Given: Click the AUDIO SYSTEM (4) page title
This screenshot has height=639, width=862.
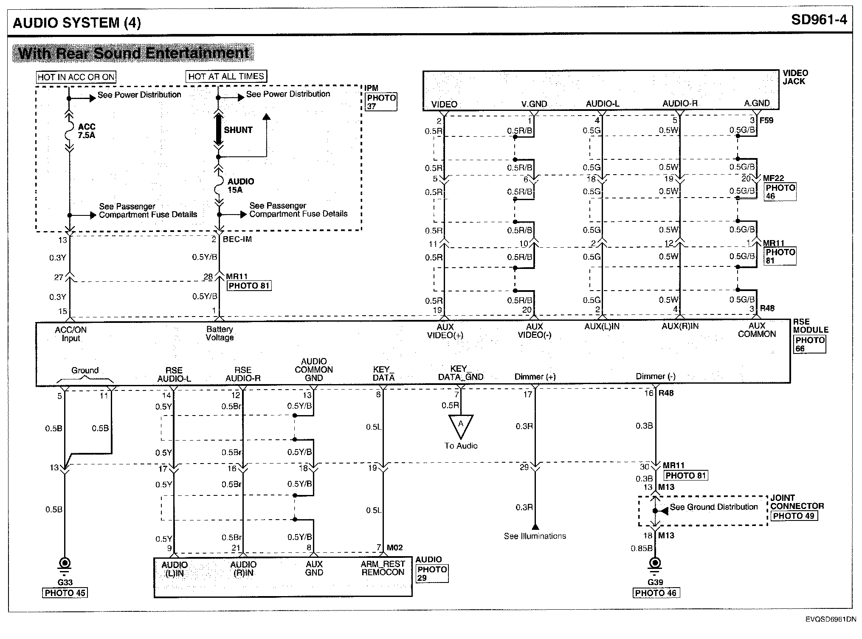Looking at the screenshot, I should pyautogui.click(x=76, y=22).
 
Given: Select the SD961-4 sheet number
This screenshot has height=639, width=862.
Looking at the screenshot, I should pyautogui.click(x=819, y=20).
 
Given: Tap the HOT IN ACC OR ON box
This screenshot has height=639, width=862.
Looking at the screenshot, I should pyautogui.click(x=76, y=77).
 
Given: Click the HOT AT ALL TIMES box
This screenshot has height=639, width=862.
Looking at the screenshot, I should pyautogui.click(x=226, y=76).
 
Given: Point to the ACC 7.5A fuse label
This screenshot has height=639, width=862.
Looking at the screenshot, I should pyautogui.click(x=87, y=131).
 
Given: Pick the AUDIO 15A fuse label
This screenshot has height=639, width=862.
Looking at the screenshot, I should pyautogui.click(x=240, y=185).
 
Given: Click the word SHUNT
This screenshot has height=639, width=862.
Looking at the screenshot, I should pyautogui.click(x=238, y=130).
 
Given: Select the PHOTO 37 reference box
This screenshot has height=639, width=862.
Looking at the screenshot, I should pyautogui.click(x=381, y=102).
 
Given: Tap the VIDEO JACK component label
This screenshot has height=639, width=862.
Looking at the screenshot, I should pyautogui.click(x=795, y=77).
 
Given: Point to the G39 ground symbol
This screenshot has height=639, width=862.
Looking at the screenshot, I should pyautogui.click(x=655, y=564).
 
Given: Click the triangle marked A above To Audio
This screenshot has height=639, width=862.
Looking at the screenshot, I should pyautogui.click(x=460, y=426).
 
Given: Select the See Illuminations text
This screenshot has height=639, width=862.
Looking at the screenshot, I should pyautogui.click(x=535, y=536).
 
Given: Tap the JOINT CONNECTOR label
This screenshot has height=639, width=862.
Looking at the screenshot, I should pyautogui.click(x=797, y=502).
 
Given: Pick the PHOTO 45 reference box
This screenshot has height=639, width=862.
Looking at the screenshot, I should pyautogui.click(x=65, y=593).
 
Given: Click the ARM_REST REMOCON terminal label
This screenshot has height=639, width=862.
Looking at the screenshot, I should pyautogui.click(x=383, y=568).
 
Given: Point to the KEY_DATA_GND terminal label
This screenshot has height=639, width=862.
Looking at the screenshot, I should pyautogui.click(x=460, y=373).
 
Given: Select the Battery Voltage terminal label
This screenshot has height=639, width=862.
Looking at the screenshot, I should pyautogui.click(x=220, y=333).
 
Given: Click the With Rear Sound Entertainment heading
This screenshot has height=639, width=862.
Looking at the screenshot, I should pyautogui.click(x=133, y=54).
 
